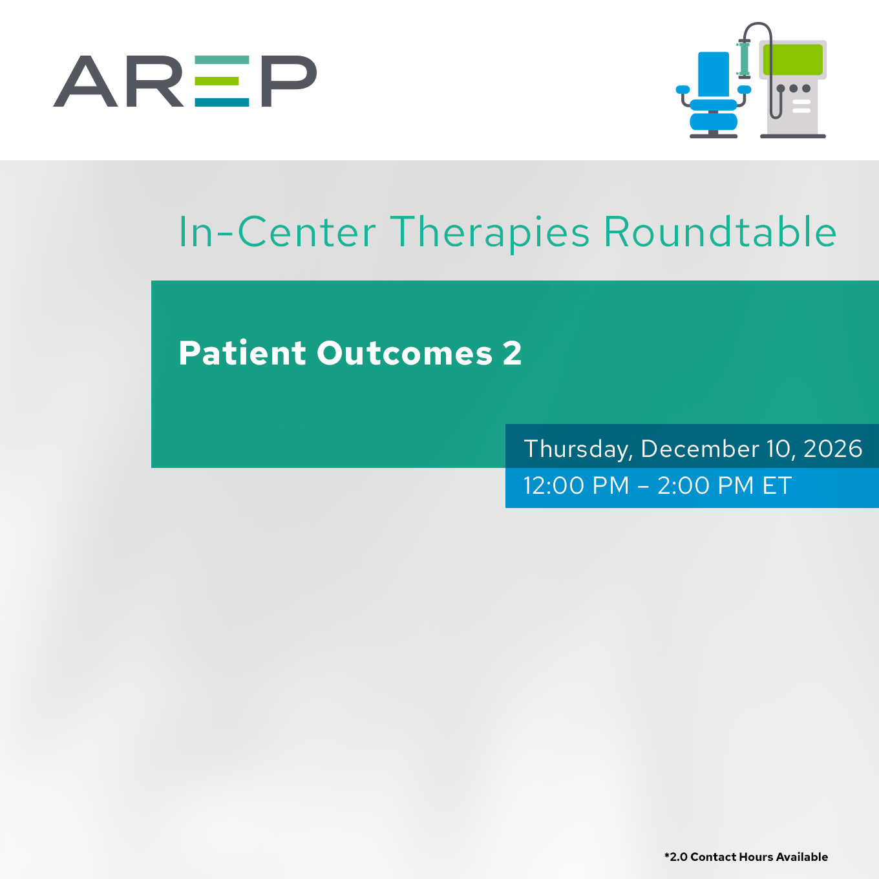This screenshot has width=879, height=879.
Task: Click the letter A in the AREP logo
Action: tap(86, 81)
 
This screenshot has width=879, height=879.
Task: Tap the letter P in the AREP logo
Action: tap(289, 81)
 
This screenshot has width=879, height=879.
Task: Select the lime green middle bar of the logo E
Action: tap(217, 81)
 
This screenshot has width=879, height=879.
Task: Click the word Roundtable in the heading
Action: tap(720, 232)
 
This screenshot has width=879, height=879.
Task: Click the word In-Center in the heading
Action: tap(277, 233)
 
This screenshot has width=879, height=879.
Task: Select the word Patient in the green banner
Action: tap(242, 353)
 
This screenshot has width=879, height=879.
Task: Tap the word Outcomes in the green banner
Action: tap(405, 354)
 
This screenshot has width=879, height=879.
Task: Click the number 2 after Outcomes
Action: tap(513, 353)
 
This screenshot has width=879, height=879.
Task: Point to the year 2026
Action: tap(832, 449)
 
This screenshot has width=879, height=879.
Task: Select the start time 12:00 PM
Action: tap(577, 485)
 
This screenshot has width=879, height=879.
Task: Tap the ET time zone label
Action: tap(778, 485)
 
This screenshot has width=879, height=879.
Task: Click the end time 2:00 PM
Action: tap(706, 485)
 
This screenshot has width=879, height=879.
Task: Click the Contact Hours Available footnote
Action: tap(747, 856)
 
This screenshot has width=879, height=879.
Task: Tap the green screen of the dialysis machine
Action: tap(793, 59)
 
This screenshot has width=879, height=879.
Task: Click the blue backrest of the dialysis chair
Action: tap(714, 74)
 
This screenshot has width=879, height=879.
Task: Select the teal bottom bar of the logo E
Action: tap(222, 102)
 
